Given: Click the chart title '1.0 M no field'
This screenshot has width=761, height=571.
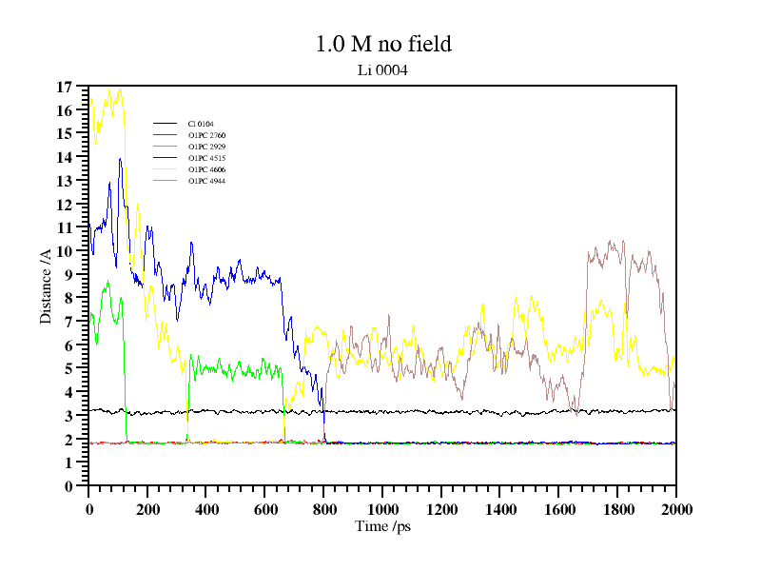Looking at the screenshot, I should [x=382, y=44].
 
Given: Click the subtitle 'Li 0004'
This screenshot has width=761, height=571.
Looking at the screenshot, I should [x=382, y=69].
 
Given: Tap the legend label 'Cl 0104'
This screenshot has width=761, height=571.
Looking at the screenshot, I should [x=201, y=124].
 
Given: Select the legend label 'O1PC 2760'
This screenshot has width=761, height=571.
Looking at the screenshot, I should [x=206, y=135].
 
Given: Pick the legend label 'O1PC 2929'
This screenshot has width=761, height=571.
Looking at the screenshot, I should [x=206, y=147].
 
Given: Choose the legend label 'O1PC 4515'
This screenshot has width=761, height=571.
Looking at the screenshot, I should [x=206, y=158].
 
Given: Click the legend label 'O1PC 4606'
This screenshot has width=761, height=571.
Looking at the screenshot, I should [x=206, y=169].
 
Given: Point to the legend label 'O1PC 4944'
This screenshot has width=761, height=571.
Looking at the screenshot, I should [x=206, y=181].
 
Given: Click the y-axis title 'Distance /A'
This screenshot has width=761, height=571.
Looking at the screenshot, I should [x=46, y=285].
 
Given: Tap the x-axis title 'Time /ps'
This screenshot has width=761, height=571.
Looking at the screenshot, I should [x=382, y=525].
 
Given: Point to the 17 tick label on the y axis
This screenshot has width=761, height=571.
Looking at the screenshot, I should [x=65, y=87].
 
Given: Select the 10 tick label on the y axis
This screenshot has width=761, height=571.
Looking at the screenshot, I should [x=65, y=251].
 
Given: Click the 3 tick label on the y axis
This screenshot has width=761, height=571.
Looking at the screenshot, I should [x=68, y=416].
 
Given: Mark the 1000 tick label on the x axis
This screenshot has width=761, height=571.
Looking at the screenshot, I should [x=382, y=509].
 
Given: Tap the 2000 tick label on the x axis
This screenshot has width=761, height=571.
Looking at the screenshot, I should [x=675, y=509].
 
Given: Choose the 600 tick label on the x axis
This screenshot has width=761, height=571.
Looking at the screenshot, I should [x=264, y=509].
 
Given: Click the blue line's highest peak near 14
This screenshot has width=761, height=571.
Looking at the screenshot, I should [x=120, y=159].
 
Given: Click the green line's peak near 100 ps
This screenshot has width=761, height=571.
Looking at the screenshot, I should [x=107, y=283].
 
